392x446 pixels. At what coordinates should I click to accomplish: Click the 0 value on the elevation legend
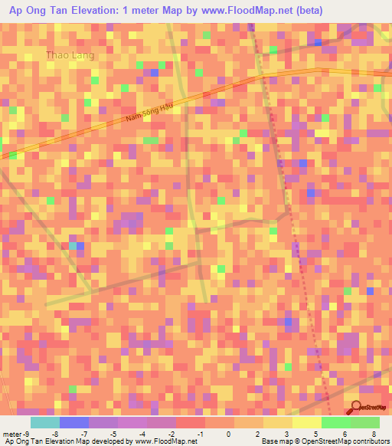click(228, 434)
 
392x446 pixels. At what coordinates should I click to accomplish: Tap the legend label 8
click(374, 434)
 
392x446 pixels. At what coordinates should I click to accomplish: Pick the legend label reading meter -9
click(16, 434)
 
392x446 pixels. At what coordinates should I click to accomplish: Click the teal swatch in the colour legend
click(44, 422)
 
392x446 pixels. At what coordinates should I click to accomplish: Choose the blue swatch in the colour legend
click(73, 422)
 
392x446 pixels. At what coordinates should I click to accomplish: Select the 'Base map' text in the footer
click(276, 442)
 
